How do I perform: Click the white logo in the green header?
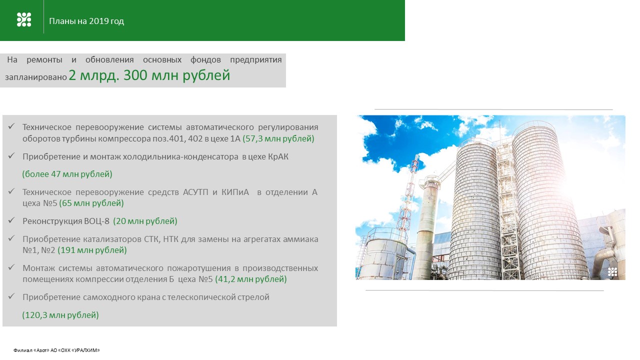(24, 19)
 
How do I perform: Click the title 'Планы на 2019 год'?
(86, 21)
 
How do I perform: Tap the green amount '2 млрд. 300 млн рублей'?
(149, 75)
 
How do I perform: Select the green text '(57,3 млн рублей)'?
(278, 138)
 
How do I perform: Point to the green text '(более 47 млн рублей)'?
(67, 174)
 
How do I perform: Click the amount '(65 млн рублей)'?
(91, 203)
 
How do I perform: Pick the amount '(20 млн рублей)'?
(145, 221)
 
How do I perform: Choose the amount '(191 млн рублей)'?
(92, 250)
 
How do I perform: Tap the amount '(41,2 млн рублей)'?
(251, 279)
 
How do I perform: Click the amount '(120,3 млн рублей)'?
(60, 315)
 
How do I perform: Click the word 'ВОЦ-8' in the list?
(96, 221)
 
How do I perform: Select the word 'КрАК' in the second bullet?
(278, 157)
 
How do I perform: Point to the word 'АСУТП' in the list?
(195, 192)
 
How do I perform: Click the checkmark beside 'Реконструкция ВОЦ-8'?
(11, 220)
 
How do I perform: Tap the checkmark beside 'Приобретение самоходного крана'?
(11, 296)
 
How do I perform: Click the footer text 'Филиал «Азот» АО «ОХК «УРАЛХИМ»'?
(56, 350)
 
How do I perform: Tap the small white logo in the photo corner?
(612, 272)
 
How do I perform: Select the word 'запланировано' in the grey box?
(35, 77)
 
